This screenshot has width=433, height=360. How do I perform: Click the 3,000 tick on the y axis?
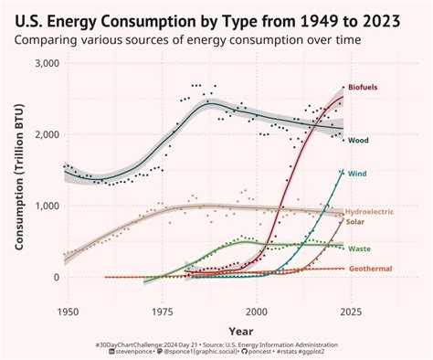point(46,63)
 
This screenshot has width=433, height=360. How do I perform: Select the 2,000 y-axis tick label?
point(46,134)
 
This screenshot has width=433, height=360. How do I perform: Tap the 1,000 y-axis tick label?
point(46,206)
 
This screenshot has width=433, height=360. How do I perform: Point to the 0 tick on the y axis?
point(55,277)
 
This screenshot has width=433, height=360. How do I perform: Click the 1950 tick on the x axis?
point(67,311)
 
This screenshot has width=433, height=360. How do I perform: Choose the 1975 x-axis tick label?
point(162,311)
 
